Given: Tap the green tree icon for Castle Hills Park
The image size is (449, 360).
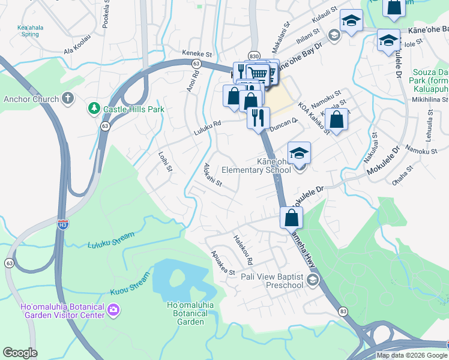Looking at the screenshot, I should pyautogui.click(x=94, y=109).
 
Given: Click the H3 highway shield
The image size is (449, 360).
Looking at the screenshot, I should pyautogui.click(x=62, y=224).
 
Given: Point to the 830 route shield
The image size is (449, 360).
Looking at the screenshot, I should pyautogui.click(x=254, y=55).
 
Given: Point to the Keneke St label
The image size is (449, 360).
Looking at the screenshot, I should pyautogui.click(x=198, y=54).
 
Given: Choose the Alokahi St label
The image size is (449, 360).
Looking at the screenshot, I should pyautogui.click(x=213, y=175).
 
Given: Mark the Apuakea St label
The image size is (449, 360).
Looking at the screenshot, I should pyautogui.click(x=222, y=263).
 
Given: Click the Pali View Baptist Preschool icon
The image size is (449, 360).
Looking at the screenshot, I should pyautogui.click(x=312, y=280).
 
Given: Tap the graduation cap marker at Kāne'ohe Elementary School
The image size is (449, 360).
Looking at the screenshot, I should pyautogui.click(x=299, y=153).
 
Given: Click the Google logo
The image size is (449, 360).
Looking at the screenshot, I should pyautogui.click(x=20, y=353).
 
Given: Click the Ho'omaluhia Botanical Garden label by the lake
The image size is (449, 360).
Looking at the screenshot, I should pyautogui.click(x=185, y=313).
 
